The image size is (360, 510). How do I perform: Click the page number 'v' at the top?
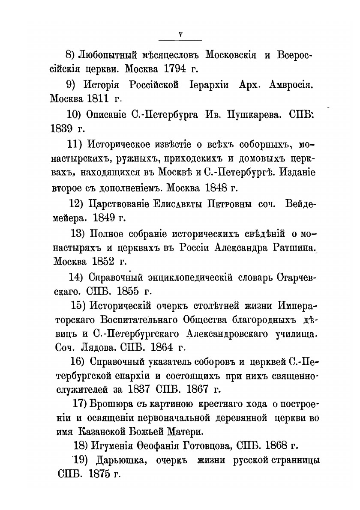click(180, 35)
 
